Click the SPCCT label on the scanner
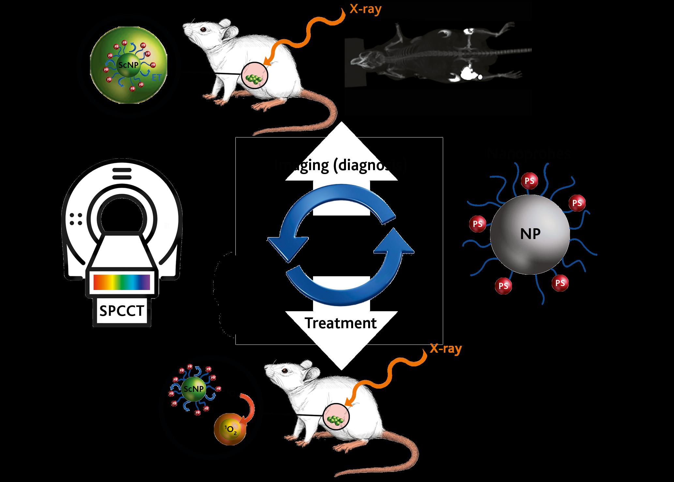122,311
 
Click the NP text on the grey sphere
530,234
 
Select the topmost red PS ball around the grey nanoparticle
530,181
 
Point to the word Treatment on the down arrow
341,323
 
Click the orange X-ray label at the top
366,9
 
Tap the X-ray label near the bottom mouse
446,349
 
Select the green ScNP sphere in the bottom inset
194,389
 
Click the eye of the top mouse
203,29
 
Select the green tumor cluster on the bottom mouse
336,420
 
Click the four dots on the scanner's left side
76,219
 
